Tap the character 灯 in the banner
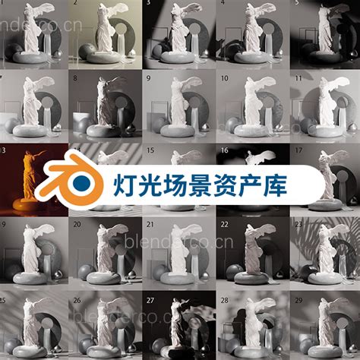127,184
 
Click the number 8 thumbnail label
75,77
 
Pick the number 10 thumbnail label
223,77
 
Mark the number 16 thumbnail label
224,151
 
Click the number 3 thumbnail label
147,4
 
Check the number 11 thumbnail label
297,77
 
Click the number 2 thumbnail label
74,4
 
